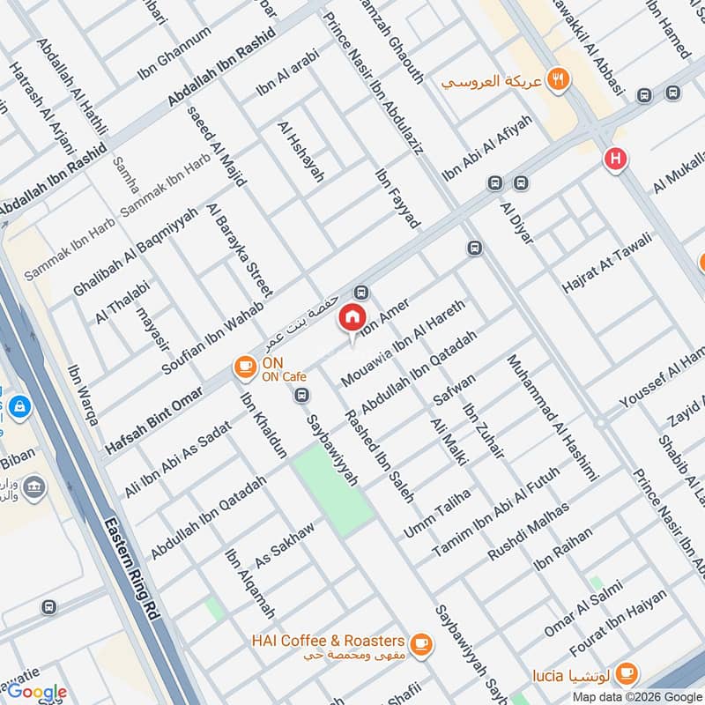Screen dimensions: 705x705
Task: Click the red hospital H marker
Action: pyautogui.click(x=615, y=160)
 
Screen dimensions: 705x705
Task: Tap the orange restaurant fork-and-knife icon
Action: pyautogui.click(x=557, y=80)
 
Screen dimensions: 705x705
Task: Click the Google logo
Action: pyautogui.click(x=37, y=692)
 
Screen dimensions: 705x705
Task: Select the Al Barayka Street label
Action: pyautogui.click(x=241, y=248)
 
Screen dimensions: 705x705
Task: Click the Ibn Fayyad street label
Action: pyautogui.click(x=397, y=199)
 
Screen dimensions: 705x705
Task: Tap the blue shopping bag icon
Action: pyautogui.click(x=19, y=407)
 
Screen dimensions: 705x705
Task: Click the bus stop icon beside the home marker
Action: pyautogui.click(x=360, y=293)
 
